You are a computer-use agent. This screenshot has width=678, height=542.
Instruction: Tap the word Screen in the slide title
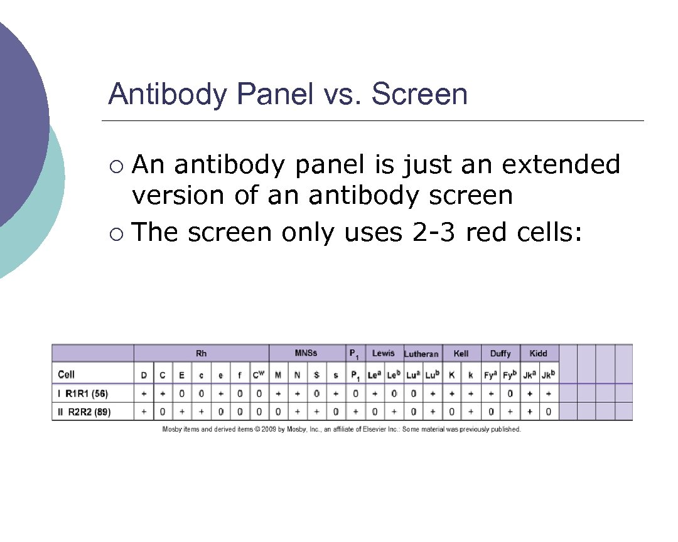click(x=419, y=95)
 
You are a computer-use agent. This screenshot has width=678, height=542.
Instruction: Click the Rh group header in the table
click(x=201, y=354)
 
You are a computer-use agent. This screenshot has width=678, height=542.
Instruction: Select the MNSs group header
click(x=306, y=353)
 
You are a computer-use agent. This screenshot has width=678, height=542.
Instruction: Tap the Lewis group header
click(x=383, y=353)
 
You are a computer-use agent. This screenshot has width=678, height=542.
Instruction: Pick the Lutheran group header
click(x=421, y=354)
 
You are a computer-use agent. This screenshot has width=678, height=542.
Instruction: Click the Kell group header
click(x=461, y=354)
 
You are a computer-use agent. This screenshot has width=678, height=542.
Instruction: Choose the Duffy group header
click(x=500, y=354)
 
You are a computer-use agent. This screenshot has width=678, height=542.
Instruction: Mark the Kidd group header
click(x=539, y=354)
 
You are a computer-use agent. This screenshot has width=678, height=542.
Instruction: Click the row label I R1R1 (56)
click(x=83, y=394)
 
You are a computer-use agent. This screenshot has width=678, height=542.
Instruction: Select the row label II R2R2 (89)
click(x=83, y=412)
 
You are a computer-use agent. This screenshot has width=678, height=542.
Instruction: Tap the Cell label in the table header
click(x=66, y=375)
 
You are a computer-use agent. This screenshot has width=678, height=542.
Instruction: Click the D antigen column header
click(x=144, y=375)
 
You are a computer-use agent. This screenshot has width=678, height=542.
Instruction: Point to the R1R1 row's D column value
click(x=144, y=394)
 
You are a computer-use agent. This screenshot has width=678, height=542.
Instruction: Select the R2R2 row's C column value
click(x=163, y=412)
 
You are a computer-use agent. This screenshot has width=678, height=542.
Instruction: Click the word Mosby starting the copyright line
click(x=173, y=430)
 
